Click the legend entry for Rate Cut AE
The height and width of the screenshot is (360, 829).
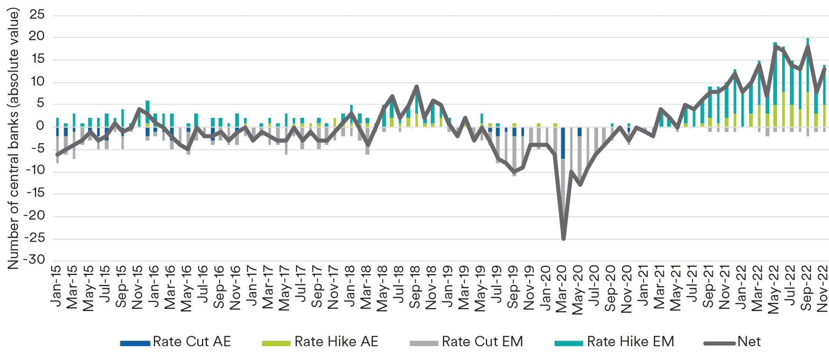pos(191,342)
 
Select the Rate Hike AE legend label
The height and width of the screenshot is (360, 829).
pos(336,342)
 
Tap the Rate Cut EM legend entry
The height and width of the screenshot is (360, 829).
pos(482,342)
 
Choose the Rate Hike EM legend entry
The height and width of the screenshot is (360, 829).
pos(630,342)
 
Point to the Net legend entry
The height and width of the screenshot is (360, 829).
pos(748,342)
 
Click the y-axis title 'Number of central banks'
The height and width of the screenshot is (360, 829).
pos(13,139)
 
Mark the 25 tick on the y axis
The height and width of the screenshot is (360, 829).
pos(37,15)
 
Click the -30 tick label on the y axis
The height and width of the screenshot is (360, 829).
pos(34,260)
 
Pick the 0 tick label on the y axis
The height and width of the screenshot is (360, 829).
pos(40,126)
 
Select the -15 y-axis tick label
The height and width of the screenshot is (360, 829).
pos(34,193)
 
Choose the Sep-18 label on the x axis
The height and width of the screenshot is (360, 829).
pos(415,288)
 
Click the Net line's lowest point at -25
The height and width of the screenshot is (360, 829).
pos(563,239)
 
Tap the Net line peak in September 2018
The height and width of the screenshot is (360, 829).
pos(416,86)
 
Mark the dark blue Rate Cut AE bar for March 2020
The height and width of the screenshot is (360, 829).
pos(563,143)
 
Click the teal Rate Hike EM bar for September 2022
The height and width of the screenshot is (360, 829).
pos(808,65)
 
